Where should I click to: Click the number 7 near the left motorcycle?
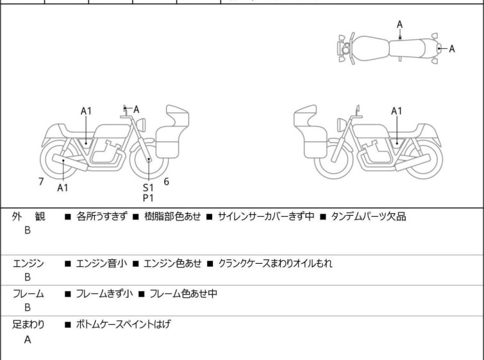click(x=41, y=182)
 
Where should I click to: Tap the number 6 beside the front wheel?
click(x=167, y=182)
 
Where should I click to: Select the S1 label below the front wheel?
click(x=148, y=187)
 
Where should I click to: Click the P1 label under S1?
click(x=148, y=198)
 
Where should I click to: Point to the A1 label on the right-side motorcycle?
click(x=397, y=111)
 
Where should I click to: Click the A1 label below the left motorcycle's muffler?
click(x=63, y=188)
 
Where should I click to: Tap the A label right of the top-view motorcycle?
click(x=452, y=49)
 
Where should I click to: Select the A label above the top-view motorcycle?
click(x=399, y=24)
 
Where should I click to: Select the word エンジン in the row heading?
click(x=28, y=263)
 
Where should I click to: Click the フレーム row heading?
click(x=28, y=294)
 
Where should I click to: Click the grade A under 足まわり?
click(x=28, y=340)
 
